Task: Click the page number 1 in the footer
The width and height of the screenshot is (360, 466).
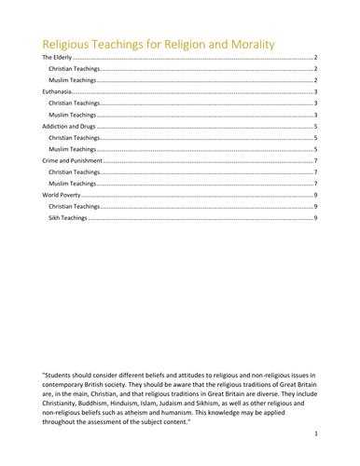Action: click(317, 434)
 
